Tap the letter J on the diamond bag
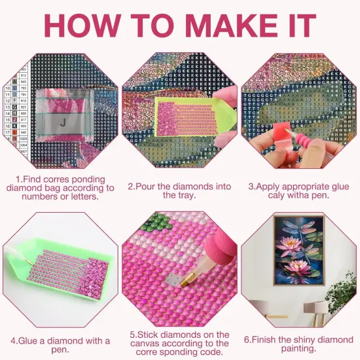click(x=63, y=121)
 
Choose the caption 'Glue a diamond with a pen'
click(x=60, y=345)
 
